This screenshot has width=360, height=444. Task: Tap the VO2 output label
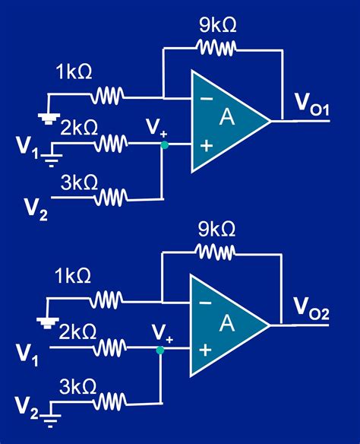311,309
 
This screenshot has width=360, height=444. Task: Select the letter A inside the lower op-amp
226,323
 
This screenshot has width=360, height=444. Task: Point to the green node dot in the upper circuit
163,144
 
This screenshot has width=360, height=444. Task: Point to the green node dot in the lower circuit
160,350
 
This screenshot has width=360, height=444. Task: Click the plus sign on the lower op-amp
204,350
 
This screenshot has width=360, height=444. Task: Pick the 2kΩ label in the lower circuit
77,331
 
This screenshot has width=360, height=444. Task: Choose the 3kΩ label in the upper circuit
79,182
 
